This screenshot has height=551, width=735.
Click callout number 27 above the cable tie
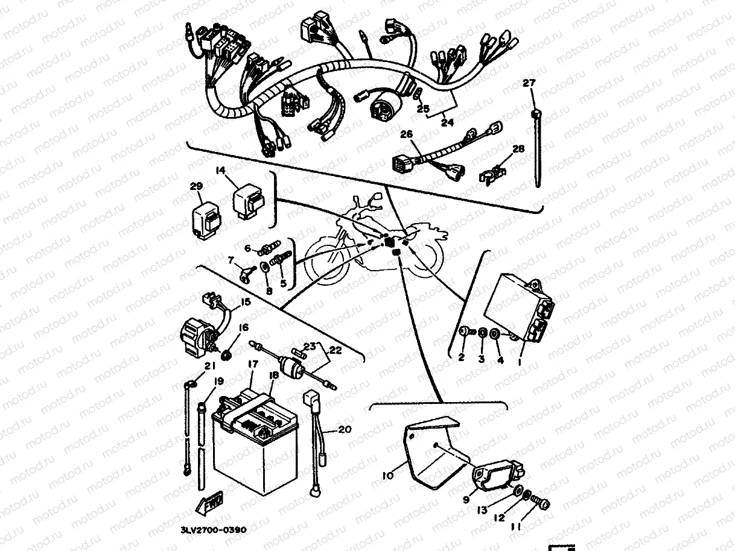tap(529, 83)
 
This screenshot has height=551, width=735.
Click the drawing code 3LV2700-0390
tap(213, 530)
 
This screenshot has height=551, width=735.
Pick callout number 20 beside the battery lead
tap(343, 429)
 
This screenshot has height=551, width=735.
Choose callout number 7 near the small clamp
tap(231, 260)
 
